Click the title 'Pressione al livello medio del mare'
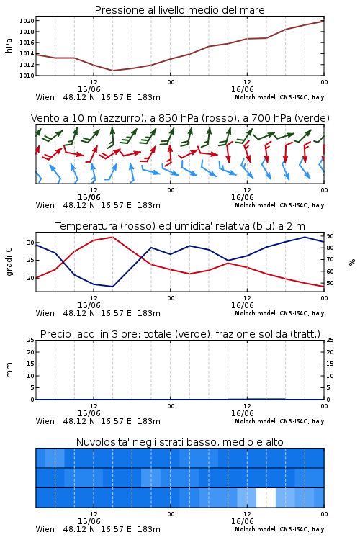(x=179, y=10)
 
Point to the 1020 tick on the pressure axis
(x=27, y=21)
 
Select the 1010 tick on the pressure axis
(x=27, y=76)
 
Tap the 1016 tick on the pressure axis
(x=27, y=42)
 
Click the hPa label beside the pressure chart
(x=9, y=46)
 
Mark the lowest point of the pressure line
(x=112, y=71)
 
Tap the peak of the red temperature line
(x=112, y=237)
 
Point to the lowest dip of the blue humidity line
(x=112, y=287)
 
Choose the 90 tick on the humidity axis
(x=330, y=236)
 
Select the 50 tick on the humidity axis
(x=330, y=283)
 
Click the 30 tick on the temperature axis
(x=31, y=243)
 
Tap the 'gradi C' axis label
(x=9, y=261)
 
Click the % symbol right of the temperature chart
(x=352, y=262)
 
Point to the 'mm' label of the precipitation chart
(x=9, y=370)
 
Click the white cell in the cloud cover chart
(x=266, y=498)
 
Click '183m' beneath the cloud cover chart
(x=149, y=529)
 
